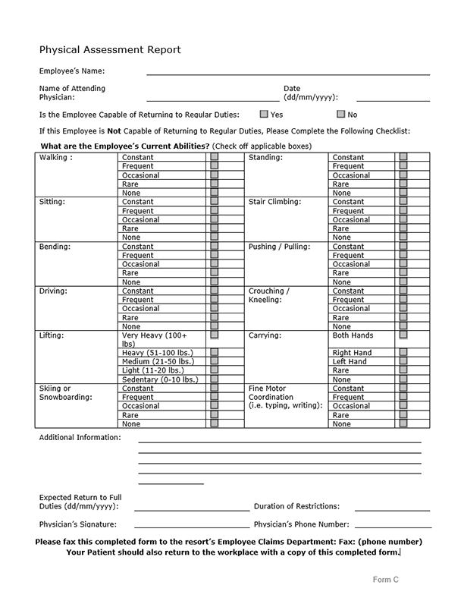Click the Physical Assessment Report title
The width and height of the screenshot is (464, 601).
110,50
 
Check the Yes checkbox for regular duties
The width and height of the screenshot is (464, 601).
264,115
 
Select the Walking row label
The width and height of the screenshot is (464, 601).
56,158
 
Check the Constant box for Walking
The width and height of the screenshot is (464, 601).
215,158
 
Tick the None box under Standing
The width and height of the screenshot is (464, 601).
403,194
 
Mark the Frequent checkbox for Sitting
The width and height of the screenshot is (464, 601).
215,211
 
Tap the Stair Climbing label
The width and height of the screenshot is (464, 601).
274,202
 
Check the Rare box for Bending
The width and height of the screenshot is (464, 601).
215,273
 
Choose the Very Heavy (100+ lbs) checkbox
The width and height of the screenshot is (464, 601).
215,335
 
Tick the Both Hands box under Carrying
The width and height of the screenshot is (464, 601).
403,335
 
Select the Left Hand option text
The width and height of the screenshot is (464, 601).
350,362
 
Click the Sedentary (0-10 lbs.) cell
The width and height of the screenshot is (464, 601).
160,379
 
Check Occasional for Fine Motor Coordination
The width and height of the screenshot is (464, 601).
403,406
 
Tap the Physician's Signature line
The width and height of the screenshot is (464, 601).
191,526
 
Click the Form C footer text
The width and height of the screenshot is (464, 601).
385,580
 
